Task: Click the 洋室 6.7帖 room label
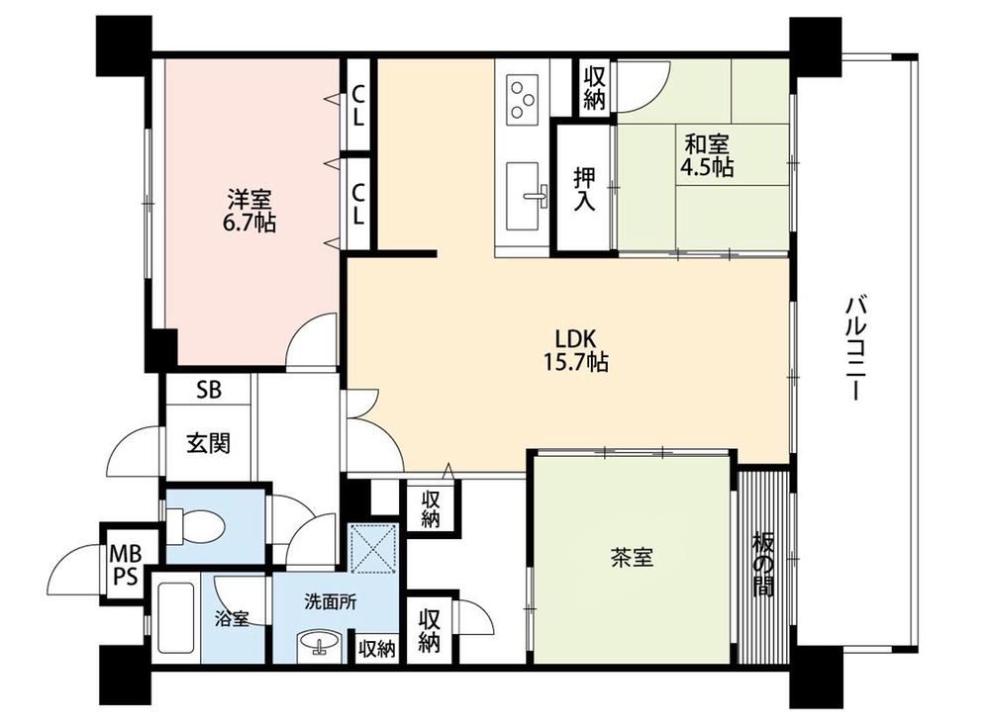click(250, 212)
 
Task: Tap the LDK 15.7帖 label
click(576, 350)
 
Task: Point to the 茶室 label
click(632, 557)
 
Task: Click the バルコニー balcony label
click(854, 348)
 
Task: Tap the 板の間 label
click(763, 565)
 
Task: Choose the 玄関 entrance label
click(208, 443)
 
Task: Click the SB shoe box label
click(209, 390)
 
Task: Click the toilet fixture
click(194, 525)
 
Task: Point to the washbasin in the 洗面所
click(320, 645)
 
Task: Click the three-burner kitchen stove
click(524, 99)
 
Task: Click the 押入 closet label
click(584, 189)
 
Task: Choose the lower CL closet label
click(357, 204)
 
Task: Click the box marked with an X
click(374, 548)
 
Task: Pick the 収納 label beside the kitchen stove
click(593, 88)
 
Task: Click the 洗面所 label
click(331, 602)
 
